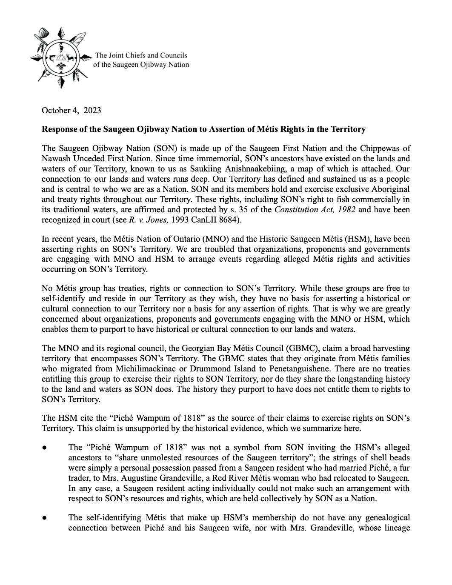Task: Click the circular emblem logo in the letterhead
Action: (61, 58)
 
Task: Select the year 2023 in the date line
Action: (92, 111)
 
